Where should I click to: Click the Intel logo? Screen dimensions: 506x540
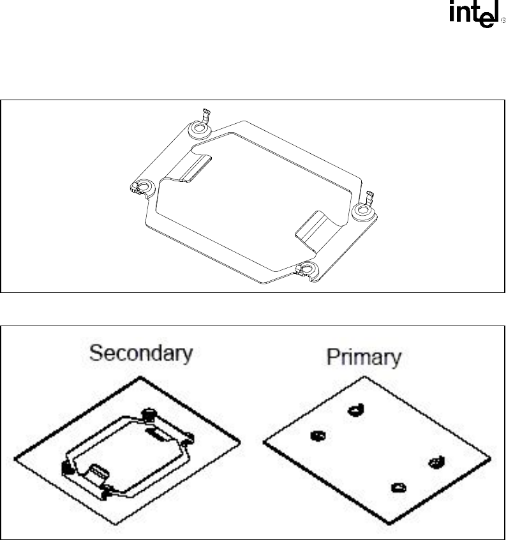(474, 14)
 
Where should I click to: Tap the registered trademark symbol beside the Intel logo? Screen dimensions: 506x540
(503, 20)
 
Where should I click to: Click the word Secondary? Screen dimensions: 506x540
(141, 354)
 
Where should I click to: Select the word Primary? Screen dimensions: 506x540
(364, 357)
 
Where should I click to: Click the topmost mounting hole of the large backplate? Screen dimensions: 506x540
(198, 128)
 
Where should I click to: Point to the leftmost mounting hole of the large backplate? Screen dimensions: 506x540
(144, 187)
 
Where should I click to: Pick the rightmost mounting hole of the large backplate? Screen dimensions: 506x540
(362, 209)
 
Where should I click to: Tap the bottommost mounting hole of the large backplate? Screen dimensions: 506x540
(308, 268)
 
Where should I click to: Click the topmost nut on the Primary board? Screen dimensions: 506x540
(356, 410)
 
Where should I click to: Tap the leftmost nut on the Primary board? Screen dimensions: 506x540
(318, 436)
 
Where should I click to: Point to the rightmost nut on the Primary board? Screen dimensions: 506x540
(436, 462)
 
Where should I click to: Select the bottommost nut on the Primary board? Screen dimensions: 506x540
(399, 488)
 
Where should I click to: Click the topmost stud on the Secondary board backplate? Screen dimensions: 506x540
(149, 414)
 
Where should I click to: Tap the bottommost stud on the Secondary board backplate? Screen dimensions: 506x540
(105, 493)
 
